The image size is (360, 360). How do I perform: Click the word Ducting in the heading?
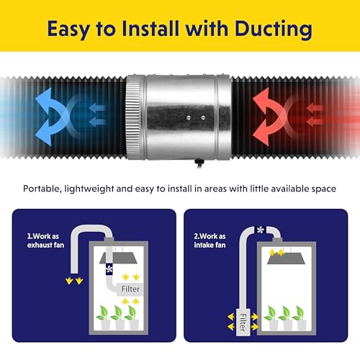274,30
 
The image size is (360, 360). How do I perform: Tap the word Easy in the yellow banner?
68,30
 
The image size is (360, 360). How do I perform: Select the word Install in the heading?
150,28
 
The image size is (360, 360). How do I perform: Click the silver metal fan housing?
178,117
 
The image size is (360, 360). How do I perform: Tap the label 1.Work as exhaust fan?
45,240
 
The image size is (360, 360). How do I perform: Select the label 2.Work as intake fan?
210,240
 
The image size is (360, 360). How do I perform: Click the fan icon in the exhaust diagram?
109,269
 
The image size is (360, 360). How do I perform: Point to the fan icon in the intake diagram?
260,230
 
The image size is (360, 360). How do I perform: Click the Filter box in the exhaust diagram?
130,289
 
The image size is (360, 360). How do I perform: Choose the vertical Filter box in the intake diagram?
243,323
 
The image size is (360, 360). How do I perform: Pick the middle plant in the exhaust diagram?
118,318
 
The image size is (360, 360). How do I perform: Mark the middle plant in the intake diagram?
286,318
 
